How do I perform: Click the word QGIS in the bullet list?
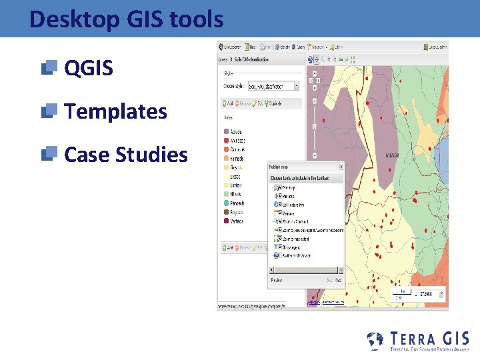88,68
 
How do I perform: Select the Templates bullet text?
115,111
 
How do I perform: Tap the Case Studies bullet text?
125,155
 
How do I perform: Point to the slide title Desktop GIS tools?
126,19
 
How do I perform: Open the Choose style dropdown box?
273,86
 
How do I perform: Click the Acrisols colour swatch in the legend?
226,131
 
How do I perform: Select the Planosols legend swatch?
226,203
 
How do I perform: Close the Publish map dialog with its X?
341,167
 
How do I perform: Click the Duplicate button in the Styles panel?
290,103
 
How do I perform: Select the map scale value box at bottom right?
427,294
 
